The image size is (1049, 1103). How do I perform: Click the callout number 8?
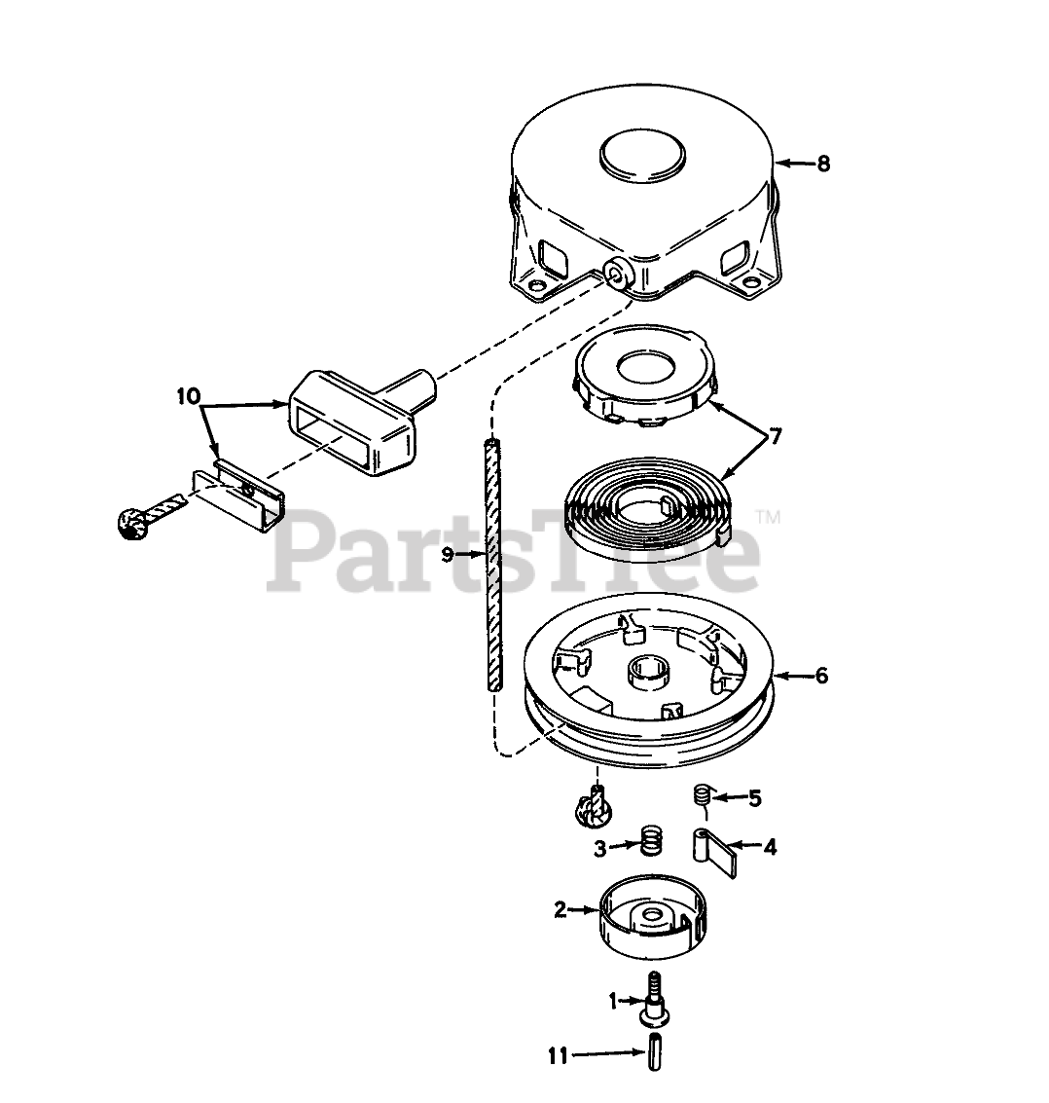click(x=823, y=164)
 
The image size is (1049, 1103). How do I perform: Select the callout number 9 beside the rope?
click(x=447, y=554)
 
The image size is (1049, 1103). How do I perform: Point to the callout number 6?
click(x=821, y=675)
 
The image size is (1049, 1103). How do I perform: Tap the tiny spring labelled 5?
click(x=700, y=796)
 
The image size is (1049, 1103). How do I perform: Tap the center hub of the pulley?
click(x=650, y=671)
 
